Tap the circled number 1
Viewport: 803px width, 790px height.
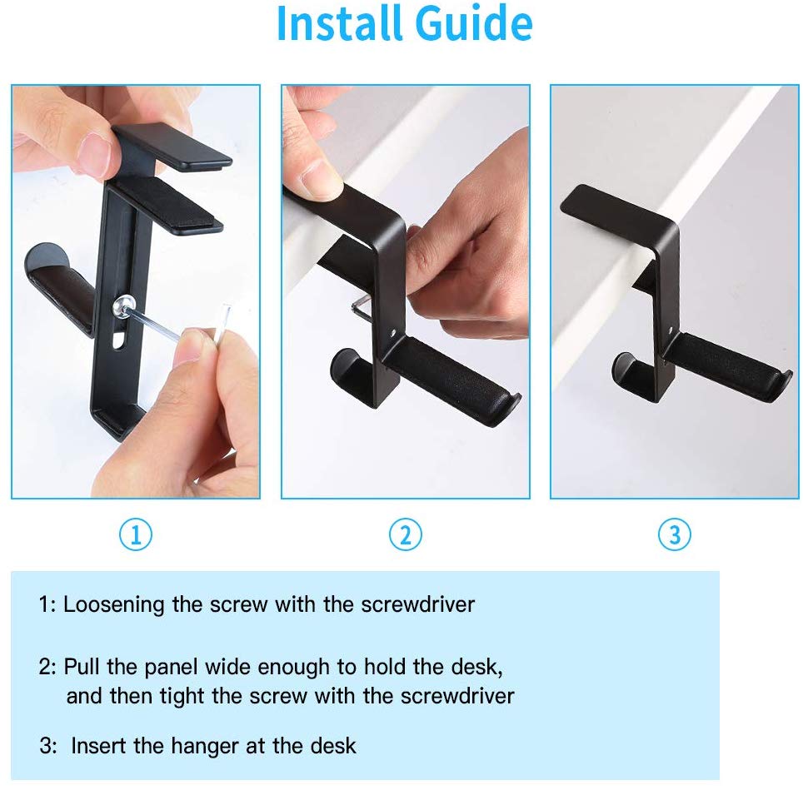pos(136,534)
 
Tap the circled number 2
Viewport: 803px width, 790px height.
pos(405,534)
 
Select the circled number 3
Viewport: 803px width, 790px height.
pos(674,534)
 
